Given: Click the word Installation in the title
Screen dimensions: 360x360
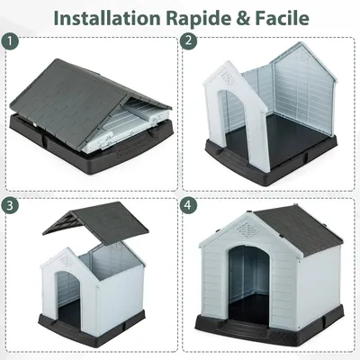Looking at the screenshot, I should (106, 17).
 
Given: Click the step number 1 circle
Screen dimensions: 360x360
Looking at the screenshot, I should (11, 42).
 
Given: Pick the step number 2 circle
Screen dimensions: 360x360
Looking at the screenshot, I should (188, 42).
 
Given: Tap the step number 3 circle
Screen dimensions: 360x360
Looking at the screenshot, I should (11, 204).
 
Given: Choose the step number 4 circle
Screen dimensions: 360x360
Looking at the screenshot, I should (188, 204).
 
